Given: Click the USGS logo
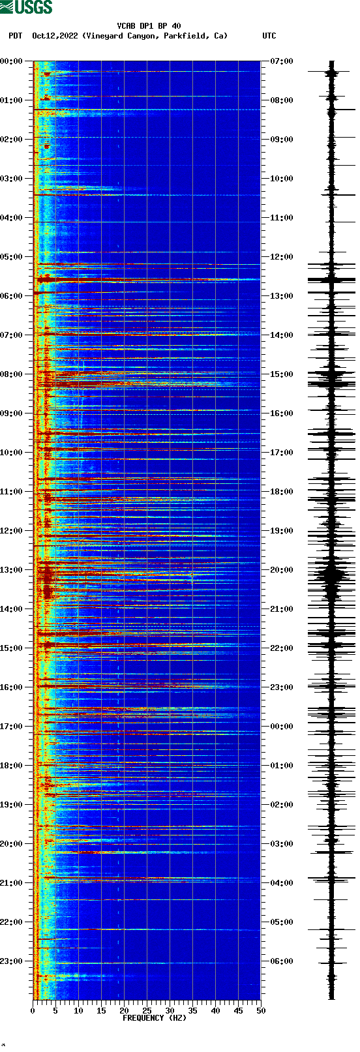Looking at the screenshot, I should pos(26,7).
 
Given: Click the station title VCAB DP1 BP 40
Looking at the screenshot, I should pos(149,26).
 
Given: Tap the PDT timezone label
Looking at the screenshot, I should pos(15,36).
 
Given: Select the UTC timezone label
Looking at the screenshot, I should pos(269,36).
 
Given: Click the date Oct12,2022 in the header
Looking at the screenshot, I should pos(55,36).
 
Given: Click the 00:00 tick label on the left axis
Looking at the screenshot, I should pos(12,61).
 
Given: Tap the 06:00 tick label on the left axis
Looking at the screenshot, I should pos(12,296).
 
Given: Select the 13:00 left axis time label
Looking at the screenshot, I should pos(12,570).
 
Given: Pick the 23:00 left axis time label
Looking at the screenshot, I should pos(12,961).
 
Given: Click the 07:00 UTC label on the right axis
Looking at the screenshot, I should pos(281,61).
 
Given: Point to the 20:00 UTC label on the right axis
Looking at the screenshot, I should pos(281,570).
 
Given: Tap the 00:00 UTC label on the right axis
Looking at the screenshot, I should pos(281,727).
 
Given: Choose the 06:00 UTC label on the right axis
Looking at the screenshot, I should pos(281,961).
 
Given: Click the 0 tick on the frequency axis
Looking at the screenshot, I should pos(33,1011).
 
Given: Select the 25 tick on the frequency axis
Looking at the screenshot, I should pos(147,1011).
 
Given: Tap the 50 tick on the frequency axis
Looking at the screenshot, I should pos(261,1011).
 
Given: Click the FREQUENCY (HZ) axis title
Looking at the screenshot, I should pos(155,1018).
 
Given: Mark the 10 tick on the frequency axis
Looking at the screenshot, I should pos(78,1011).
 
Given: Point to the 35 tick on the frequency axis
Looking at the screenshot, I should pos(192,1011).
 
